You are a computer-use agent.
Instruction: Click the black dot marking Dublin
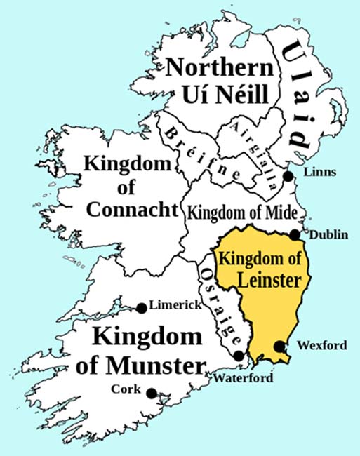click(295, 235)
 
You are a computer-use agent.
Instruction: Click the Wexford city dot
click(279, 346)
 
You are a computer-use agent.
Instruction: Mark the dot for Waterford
click(240, 356)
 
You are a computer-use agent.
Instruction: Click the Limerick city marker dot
click(142, 307)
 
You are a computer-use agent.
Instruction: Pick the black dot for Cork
click(151, 394)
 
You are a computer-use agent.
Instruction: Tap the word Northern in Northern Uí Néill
click(218, 69)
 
